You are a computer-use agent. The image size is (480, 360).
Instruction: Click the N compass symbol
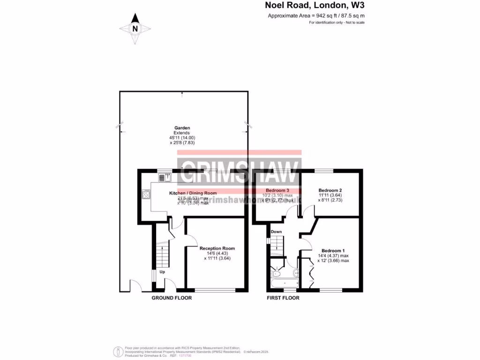[x=135, y=29]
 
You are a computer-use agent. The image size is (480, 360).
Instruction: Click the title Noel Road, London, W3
[x=315, y=6]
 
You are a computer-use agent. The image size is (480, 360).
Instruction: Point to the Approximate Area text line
[x=316, y=15]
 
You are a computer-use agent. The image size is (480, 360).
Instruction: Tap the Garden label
[x=182, y=127]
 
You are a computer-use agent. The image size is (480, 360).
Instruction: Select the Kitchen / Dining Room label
[x=193, y=193]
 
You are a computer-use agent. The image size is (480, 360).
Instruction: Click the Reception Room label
[x=217, y=248]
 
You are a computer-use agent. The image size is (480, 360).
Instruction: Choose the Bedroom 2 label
[x=330, y=190]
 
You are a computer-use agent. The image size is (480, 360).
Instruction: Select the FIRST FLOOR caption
[x=283, y=298]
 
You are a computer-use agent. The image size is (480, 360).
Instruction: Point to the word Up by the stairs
[x=162, y=272]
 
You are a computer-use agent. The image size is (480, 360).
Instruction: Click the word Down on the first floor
[x=276, y=232]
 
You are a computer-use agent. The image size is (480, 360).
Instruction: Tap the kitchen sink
[x=165, y=177]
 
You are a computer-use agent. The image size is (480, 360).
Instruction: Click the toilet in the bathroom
[x=276, y=272]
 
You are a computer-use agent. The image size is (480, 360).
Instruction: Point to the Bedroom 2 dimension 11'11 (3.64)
[x=330, y=195]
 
